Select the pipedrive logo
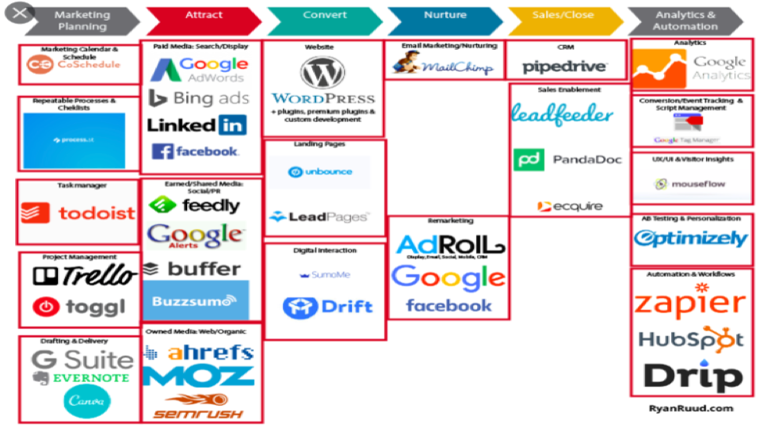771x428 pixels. pos(565,67)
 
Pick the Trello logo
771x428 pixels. pos(84,275)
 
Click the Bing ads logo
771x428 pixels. pos(199,98)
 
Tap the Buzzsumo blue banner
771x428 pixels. pos(196,300)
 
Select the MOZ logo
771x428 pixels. pos(200,376)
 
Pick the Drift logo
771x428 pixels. pos(327,307)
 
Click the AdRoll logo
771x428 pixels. pos(449,245)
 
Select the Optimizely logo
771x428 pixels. pos(690,238)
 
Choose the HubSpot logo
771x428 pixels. pos(691,340)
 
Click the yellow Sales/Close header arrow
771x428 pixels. pos(563,16)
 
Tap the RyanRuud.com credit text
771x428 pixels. pos(692,407)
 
